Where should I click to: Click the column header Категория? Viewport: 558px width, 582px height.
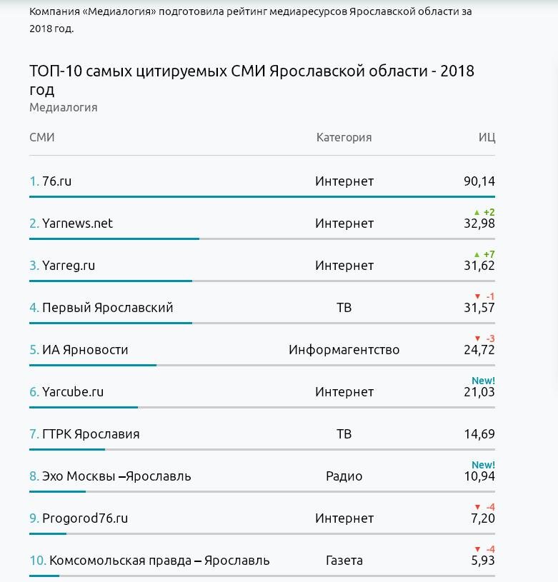tap(344, 137)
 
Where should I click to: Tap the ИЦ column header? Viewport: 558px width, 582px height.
tap(487, 138)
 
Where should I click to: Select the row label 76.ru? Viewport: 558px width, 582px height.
tap(57, 181)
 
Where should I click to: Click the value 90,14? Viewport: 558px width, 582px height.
tap(479, 181)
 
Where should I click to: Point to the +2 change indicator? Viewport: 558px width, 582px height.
tap(484, 212)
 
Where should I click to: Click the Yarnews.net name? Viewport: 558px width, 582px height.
tap(77, 223)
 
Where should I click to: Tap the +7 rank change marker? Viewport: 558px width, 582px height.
tap(484, 254)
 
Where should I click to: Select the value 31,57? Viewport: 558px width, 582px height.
tap(479, 308)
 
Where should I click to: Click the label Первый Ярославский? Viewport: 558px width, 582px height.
tap(108, 308)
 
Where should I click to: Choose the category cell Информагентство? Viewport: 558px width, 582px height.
tap(344, 350)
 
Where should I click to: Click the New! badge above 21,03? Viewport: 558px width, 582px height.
tap(484, 381)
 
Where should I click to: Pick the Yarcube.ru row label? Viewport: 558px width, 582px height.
tap(73, 391)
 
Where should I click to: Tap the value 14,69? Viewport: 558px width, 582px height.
tap(479, 434)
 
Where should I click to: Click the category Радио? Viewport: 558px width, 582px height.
tap(344, 476)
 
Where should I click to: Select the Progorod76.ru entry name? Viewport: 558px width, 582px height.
tap(85, 518)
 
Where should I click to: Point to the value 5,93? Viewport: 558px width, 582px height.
tap(483, 561)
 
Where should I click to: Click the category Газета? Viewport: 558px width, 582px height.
tap(344, 561)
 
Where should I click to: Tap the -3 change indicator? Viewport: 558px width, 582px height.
tap(485, 338)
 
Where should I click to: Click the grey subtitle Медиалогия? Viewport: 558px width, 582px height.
tap(64, 108)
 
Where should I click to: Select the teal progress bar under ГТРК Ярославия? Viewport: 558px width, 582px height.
tap(67, 449)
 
